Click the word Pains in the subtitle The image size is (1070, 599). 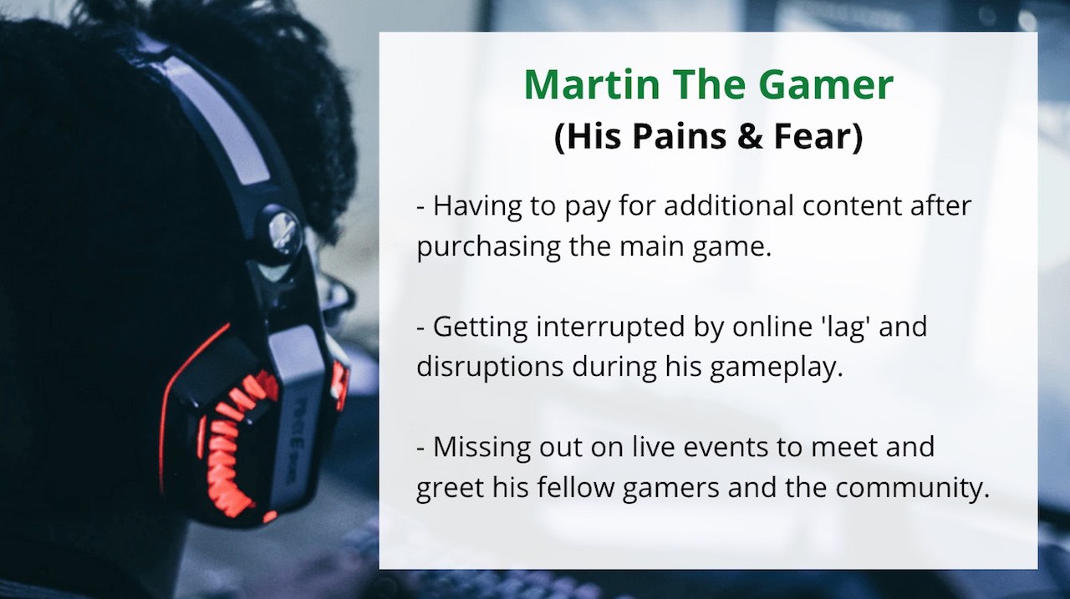coord(679,136)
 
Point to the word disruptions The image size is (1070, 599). coord(490,368)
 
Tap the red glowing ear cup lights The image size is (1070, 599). coord(237,444)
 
